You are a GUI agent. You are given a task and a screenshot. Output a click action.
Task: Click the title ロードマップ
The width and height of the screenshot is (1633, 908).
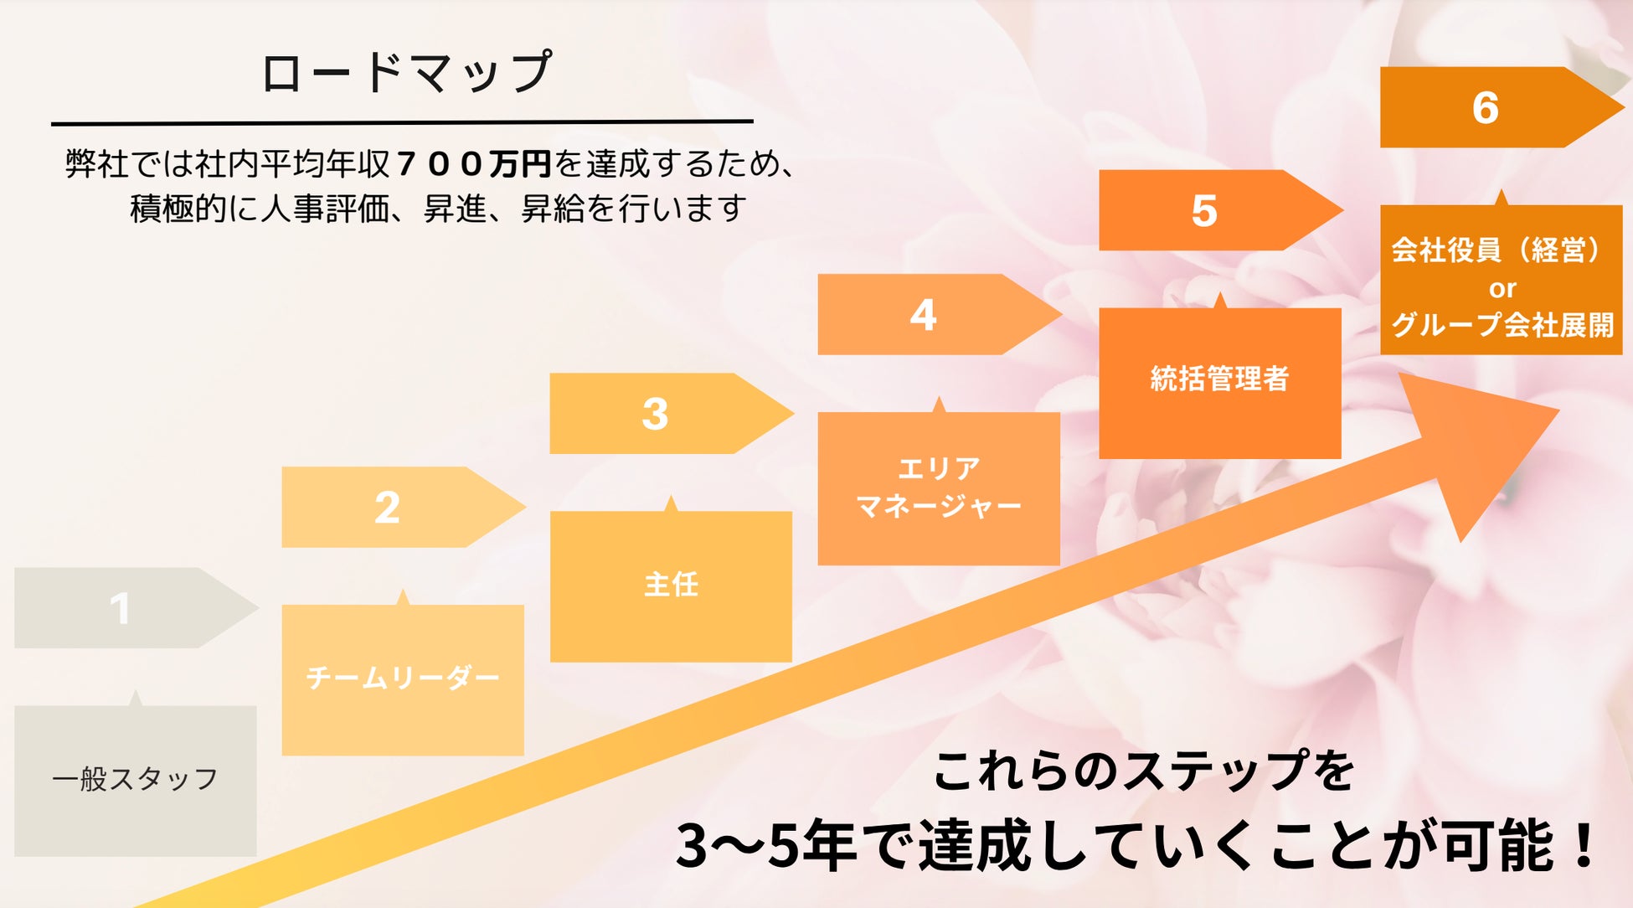pyautogui.click(x=406, y=72)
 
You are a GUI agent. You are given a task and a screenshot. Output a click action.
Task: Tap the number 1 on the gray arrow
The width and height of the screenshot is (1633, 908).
pyautogui.click(x=121, y=608)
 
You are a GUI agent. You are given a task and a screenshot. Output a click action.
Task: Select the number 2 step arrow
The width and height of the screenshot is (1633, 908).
pyautogui.click(x=387, y=508)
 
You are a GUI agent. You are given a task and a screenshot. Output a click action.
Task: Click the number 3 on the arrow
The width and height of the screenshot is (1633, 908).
pyautogui.click(x=655, y=414)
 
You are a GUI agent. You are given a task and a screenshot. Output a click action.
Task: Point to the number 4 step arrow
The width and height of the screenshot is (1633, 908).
pyautogui.click(x=923, y=315)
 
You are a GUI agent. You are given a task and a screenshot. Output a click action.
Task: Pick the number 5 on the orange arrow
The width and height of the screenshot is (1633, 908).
pyautogui.click(x=1204, y=210)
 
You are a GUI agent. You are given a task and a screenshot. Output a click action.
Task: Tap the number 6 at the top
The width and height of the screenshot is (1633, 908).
pyautogui.click(x=1486, y=107)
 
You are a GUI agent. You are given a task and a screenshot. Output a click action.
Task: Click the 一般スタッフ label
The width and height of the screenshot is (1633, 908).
pyautogui.click(x=135, y=779)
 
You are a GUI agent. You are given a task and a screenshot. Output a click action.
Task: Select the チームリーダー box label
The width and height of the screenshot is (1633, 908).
pyautogui.click(x=403, y=677)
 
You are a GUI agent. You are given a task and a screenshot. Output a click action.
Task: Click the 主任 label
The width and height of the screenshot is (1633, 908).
pyautogui.click(x=671, y=584)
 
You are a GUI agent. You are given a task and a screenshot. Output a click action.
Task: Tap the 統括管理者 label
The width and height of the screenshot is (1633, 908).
pyautogui.click(x=1219, y=379)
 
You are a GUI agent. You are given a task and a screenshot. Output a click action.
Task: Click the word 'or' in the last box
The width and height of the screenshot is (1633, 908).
pyautogui.click(x=1502, y=289)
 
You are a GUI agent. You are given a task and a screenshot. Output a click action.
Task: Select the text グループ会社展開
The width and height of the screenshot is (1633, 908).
pyautogui.click(x=1502, y=324)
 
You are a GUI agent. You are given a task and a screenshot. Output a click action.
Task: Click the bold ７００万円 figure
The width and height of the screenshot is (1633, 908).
pyautogui.click(x=474, y=163)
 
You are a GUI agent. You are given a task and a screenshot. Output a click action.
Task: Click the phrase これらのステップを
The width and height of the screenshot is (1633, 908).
pyautogui.click(x=1143, y=771)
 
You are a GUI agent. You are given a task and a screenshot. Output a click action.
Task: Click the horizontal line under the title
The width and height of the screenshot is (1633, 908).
pyautogui.click(x=402, y=122)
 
